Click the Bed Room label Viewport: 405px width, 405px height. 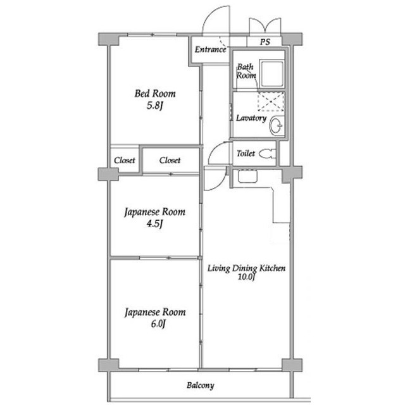155,94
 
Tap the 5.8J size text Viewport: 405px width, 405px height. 154,106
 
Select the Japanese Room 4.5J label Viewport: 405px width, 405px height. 154,218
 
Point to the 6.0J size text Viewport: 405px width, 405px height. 158,324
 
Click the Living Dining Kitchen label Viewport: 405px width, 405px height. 246,268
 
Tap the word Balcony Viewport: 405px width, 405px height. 201,385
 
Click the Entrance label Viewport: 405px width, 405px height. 211,49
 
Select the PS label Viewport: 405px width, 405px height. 265,42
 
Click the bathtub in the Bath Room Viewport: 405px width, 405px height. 271,73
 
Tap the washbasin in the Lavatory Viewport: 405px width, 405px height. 277,126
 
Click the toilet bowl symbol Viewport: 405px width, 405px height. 267,154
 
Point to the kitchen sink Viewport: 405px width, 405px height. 247,177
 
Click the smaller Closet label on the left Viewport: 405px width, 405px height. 125,160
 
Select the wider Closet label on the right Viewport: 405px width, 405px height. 170,160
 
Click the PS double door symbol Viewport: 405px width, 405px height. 265,25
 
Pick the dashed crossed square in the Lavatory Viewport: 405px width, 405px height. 271,101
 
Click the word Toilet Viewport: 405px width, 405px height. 246,153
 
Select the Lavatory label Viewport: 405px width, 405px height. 251,118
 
